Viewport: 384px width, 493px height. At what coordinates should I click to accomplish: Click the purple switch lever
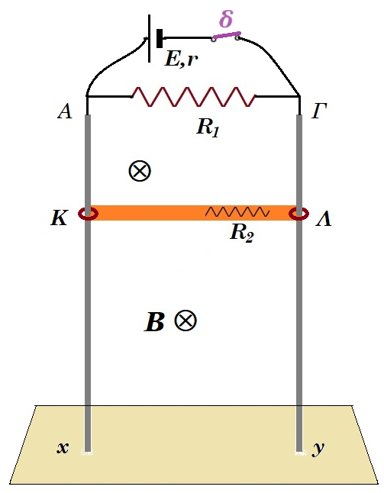(x=227, y=36)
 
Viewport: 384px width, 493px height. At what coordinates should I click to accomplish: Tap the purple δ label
(x=226, y=19)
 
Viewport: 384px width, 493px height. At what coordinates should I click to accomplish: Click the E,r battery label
(x=182, y=59)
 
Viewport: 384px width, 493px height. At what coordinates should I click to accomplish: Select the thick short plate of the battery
(x=160, y=38)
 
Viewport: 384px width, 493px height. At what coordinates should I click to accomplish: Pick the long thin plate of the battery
(x=149, y=38)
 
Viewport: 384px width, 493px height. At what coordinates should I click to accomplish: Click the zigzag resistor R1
(x=193, y=96)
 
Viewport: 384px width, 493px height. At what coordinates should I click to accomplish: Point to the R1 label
(x=208, y=127)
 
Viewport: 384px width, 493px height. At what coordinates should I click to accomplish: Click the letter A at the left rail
(x=65, y=111)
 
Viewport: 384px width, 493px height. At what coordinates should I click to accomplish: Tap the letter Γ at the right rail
(x=319, y=111)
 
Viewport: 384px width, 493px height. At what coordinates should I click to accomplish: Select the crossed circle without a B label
(x=140, y=171)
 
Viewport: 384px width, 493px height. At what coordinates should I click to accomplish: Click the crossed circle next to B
(x=186, y=321)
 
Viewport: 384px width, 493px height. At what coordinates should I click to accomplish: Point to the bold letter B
(x=154, y=322)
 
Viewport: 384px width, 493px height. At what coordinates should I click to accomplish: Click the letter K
(x=59, y=217)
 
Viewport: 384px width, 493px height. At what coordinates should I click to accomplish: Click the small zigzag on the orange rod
(x=237, y=212)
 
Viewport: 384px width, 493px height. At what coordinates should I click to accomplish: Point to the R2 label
(x=241, y=233)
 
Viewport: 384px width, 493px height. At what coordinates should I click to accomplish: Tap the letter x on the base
(x=63, y=447)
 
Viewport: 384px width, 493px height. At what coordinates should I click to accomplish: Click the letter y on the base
(x=318, y=449)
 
